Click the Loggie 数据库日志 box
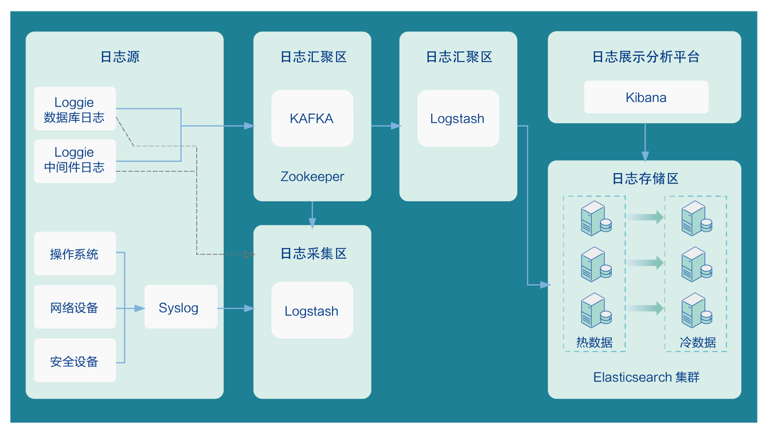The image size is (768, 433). pyautogui.click(x=75, y=109)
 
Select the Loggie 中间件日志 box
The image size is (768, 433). pyautogui.click(x=75, y=161)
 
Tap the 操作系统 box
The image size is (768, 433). pyautogui.click(x=75, y=254)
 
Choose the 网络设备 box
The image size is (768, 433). pyautogui.click(x=75, y=308)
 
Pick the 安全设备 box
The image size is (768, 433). pyautogui.click(x=75, y=361)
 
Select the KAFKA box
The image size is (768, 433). pyautogui.click(x=312, y=118)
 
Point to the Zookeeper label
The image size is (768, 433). pyautogui.click(x=312, y=176)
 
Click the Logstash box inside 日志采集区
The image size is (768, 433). pyautogui.click(x=312, y=311)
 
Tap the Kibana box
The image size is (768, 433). pyautogui.click(x=646, y=97)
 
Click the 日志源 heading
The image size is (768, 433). pyautogui.click(x=120, y=57)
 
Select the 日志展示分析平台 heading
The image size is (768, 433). pyautogui.click(x=646, y=57)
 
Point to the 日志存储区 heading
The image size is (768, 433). pyautogui.click(x=645, y=178)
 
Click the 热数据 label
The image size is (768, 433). pyautogui.click(x=594, y=342)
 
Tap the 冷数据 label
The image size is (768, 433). pyautogui.click(x=697, y=342)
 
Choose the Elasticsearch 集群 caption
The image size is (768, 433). pyautogui.click(x=646, y=377)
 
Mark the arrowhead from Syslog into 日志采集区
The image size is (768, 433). pyautogui.click(x=249, y=309)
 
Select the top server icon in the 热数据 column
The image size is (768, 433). pyautogui.click(x=595, y=218)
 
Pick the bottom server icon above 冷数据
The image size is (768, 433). pyautogui.click(x=696, y=311)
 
